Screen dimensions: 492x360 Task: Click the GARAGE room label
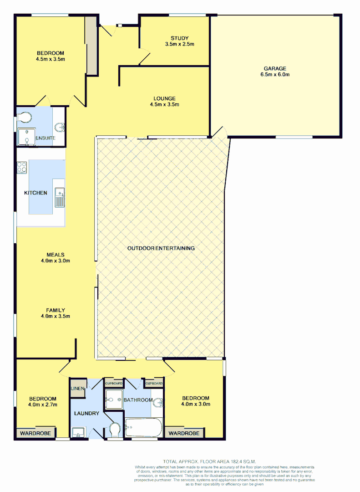(x=274, y=68)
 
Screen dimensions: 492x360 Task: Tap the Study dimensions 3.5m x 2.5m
(x=179, y=44)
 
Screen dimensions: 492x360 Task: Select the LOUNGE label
(x=164, y=98)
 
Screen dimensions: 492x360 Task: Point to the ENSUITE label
(x=47, y=138)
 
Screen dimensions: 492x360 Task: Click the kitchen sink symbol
(x=59, y=197)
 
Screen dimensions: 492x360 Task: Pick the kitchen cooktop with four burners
(x=22, y=167)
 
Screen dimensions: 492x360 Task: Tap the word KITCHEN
(x=35, y=193)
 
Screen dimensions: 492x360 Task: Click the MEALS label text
(x=55, y=255)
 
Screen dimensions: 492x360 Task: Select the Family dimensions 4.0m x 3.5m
(x=55, y=316)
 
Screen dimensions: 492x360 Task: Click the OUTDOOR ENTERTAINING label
(x=161, y=248)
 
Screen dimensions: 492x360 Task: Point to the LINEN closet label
(x=77, y=389)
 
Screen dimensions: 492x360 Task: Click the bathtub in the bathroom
(x=143, y=428)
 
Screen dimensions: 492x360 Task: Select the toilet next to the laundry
(x=114, y=430)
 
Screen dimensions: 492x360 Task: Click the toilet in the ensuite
(x=26, y=119)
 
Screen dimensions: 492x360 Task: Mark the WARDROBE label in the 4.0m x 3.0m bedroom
(x=184, y=433)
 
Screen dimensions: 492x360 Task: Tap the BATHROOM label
(x=138, y=400)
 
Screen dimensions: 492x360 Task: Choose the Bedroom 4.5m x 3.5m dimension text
(x=50, y=59)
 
